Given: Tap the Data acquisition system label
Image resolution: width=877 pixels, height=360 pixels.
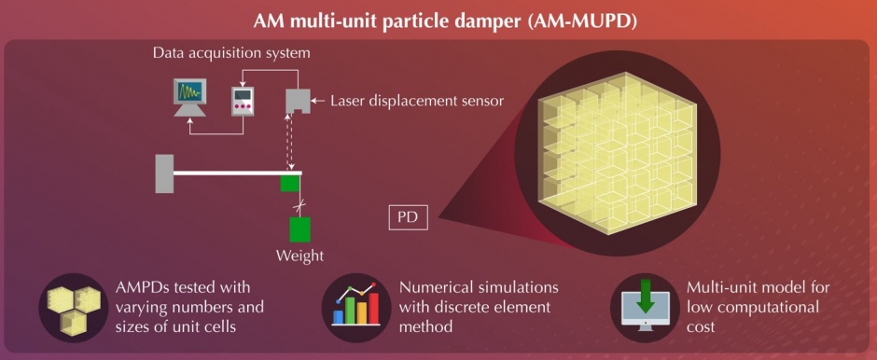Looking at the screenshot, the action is pos(231,53).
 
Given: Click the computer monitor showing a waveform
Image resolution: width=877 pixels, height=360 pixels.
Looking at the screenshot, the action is pos(191,97).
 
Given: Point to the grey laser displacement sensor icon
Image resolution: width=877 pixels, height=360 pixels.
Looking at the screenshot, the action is pos(296,100).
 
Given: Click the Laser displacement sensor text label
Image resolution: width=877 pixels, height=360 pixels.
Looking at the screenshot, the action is pos(417,100).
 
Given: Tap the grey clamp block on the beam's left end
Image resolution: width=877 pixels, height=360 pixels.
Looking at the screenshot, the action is pos(165,173).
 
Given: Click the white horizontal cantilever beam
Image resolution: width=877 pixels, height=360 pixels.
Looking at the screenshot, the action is pos(228,173).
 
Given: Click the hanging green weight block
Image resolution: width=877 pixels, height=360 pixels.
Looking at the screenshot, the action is pos(299,228).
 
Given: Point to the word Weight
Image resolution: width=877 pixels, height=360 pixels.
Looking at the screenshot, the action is pos(299,254).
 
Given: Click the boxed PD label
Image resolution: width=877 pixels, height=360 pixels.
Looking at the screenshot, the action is pos(408,218).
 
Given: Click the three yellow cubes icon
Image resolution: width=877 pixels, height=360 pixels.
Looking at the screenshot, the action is pos(73,306).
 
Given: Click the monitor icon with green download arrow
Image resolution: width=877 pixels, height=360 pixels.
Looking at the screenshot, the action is pos(644,306).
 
